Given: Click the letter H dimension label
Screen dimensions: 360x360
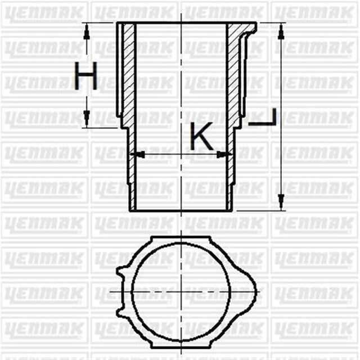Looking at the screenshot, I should click(86, 76).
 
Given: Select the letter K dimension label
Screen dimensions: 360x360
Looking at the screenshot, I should click(201, 137).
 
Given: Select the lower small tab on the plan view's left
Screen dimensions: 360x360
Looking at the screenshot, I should click(120, 310).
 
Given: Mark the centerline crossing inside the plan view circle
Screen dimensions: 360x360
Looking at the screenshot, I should click(181, 292).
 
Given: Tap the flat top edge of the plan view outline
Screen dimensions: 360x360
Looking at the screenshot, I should click(181, 236).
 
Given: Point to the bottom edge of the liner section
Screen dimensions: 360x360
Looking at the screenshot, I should click(181, 211).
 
